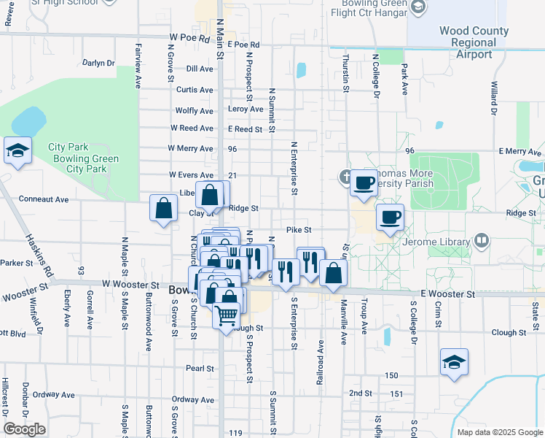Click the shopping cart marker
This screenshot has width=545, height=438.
[227, 315]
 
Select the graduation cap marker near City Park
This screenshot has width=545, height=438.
[17, 152]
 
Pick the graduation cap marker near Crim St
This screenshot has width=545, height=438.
[453, 363]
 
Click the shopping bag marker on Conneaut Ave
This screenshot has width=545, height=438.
[163, 207]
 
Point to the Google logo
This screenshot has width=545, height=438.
[24, 429]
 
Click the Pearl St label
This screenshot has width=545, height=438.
[198, 368]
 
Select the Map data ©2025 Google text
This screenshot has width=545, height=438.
[499, 432]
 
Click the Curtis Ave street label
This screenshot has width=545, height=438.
[195, 90]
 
